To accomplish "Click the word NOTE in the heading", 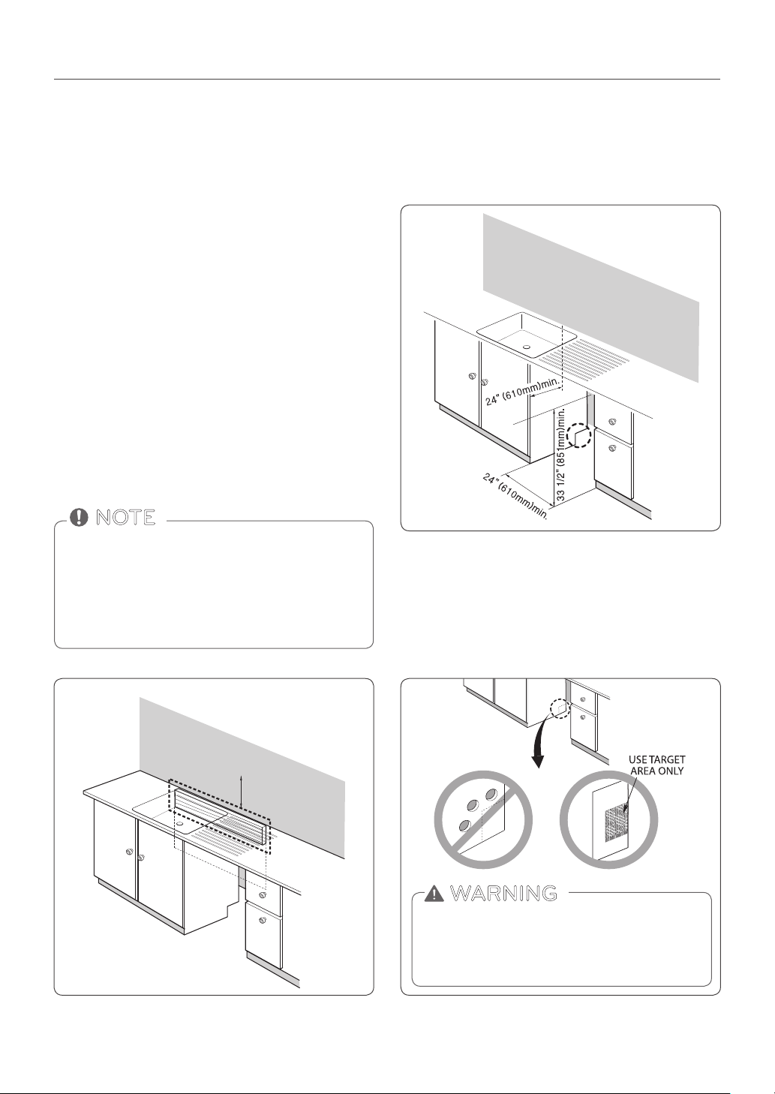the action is tap(125, 517).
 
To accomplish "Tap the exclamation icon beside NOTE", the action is tap(79, 517).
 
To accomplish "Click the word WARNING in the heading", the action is tap(503, 894).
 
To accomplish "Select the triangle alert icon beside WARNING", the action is tap(434, 893).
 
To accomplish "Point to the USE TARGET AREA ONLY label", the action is tap(656, 765).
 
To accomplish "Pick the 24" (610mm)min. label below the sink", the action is tap(521, 392).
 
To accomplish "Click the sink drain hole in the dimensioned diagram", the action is tap(527, 347).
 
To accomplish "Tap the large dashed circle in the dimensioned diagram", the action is tap(578, 436).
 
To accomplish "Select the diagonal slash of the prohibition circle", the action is tap(483, 819).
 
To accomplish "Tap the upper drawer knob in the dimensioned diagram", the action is tap(612, 422).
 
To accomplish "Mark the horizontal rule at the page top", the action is tap(387, 79).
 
